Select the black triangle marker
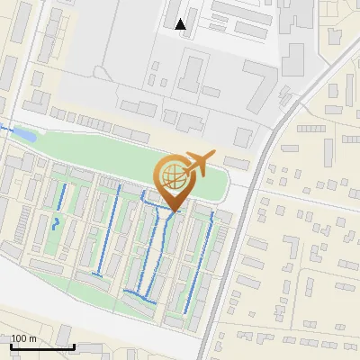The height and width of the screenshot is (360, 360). (181, 24)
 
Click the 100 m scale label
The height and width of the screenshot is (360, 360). (23, 339)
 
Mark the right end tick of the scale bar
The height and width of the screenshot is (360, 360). (74, 345)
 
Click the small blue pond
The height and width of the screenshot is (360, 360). (25, 135)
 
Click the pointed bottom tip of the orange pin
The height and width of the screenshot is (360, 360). (172, 211)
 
